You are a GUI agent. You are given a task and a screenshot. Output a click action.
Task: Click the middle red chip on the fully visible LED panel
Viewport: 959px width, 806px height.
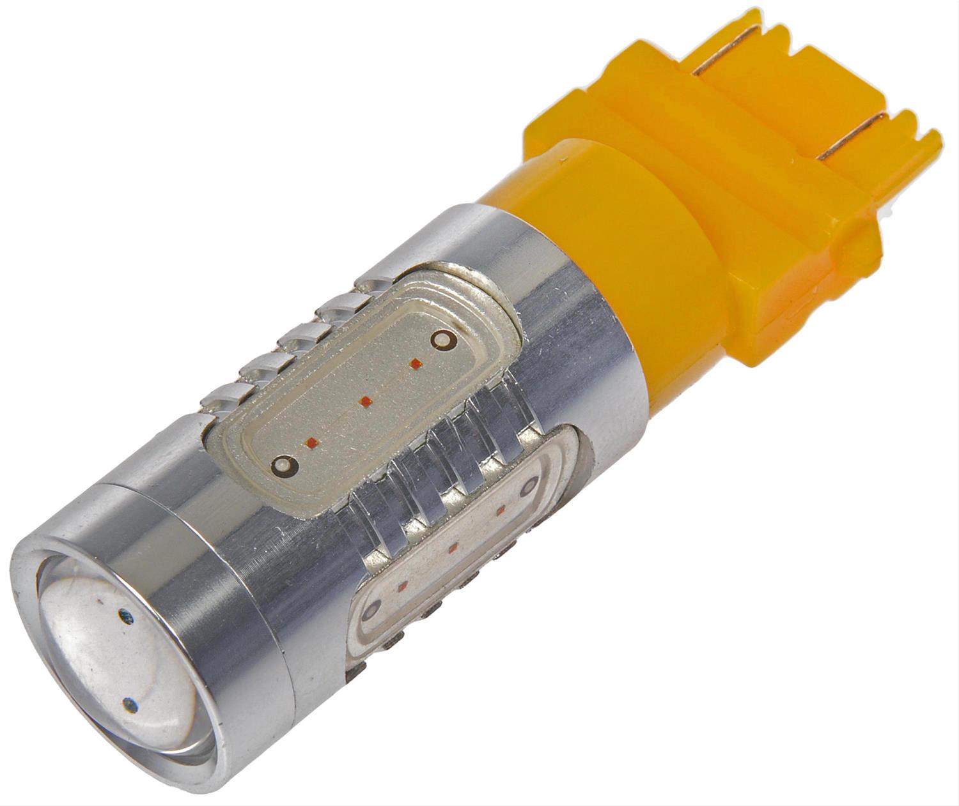[365, 401]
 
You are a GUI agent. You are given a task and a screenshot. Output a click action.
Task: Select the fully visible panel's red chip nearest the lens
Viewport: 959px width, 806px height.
[313, 441]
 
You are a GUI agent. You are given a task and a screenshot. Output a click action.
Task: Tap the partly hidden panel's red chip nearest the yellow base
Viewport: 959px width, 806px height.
[501, 510]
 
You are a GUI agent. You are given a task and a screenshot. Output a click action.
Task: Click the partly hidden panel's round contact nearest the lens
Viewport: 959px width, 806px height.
[368, 614]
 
